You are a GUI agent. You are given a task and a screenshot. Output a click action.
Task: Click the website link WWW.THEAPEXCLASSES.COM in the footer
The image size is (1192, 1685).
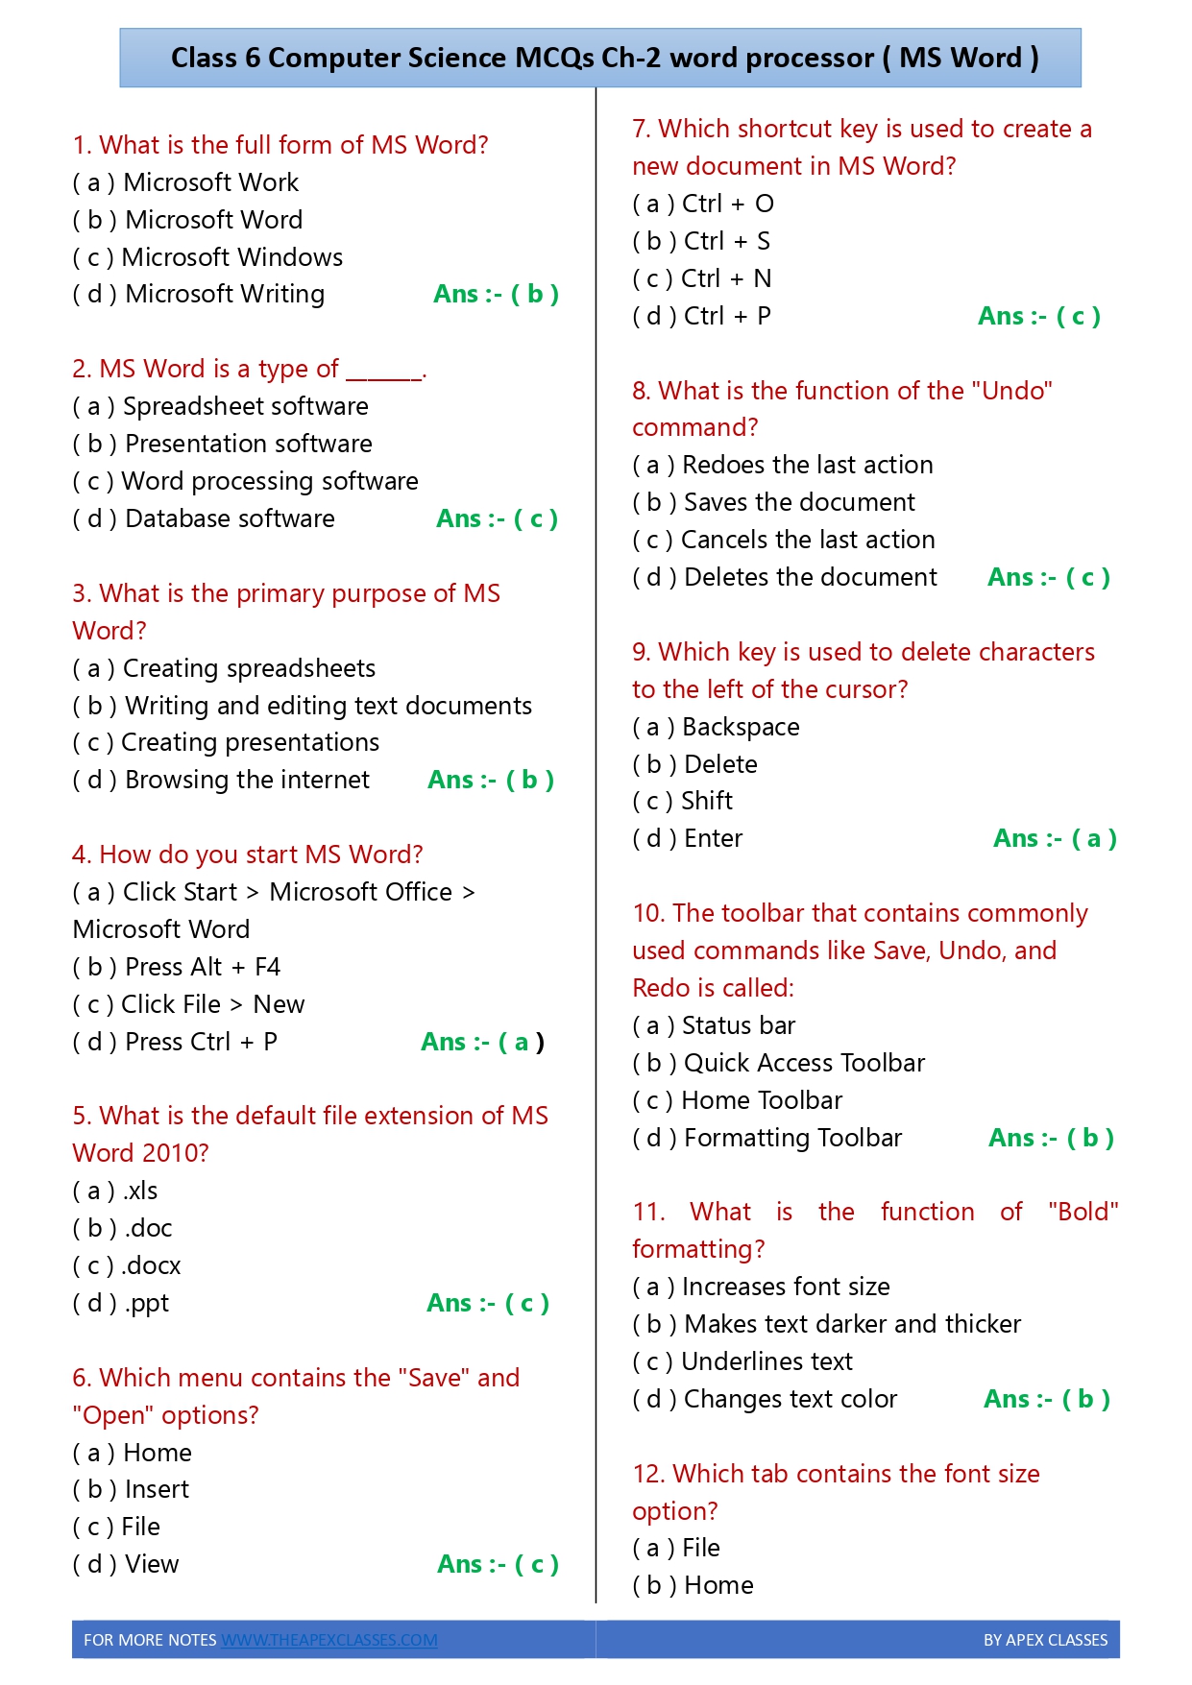pyautogui.click(x=329, y=1640)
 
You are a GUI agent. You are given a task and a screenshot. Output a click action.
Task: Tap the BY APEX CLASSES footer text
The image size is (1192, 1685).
pyautogui.click(x=1045, y=1640)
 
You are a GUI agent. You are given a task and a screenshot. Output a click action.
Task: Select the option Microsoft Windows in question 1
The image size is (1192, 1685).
pyautogui.click(x=207, y=257)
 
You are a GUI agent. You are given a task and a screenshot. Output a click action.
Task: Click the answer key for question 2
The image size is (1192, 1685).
pyautogui.click(x=497, y=518)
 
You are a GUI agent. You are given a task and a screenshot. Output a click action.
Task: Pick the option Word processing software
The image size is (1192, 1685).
pyautogui.click(x=245, y=481)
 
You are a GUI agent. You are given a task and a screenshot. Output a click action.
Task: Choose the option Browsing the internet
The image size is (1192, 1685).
pyautogui.click(x=221, y=780)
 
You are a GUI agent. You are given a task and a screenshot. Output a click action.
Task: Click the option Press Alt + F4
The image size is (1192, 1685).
pyautogui.click(x=177, y=967)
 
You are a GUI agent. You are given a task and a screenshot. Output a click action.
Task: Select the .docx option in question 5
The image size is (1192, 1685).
pyautogui.click(x=127, y=1265)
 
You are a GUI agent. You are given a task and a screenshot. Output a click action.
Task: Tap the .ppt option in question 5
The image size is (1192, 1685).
pyautogui.click(x=121, y=1303)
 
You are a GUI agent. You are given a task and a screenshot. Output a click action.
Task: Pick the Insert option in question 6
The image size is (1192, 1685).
pyautogui.click(x=132, y=1489)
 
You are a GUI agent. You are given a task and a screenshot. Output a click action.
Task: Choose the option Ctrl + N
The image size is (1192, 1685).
pyautogui.click(x=702, y=278)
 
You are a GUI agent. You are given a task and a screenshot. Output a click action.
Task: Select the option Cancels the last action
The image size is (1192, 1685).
pyautogui.click(x=784, y=540)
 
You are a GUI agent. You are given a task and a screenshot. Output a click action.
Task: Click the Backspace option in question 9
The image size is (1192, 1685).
pyautogui.click(x=717, y=727)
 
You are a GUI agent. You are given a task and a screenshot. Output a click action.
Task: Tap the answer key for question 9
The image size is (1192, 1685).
pyautogui.click(x=1055, y=838)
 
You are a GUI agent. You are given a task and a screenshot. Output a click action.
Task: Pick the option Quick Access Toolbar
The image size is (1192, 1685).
pyautogui.click(x=779, y=1063)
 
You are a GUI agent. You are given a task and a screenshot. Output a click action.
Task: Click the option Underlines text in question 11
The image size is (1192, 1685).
pyautogui.click(x=742, y=1361)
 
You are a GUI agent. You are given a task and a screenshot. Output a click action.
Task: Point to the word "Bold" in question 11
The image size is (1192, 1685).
pyautogui.click(x=1083, y=1212)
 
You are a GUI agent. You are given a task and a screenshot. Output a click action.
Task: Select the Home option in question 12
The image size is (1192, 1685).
pyautogui.click(x=693, y=1585)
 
